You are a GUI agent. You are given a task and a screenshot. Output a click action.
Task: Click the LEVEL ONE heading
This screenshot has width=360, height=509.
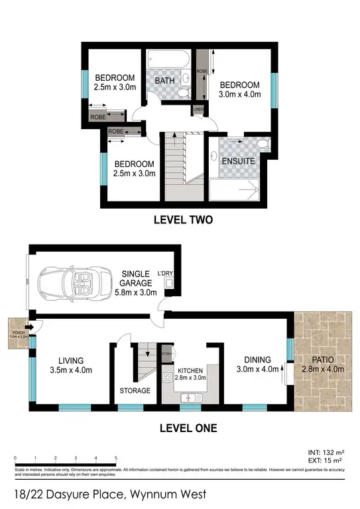click(x=188, y=428)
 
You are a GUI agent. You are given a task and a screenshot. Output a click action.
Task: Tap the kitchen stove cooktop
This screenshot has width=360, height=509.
click(x=168, y=378)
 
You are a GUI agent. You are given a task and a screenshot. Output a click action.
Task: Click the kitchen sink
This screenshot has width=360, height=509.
click(x=191, y=398)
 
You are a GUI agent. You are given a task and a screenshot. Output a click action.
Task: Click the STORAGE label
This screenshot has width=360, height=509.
click(x=135, y=390)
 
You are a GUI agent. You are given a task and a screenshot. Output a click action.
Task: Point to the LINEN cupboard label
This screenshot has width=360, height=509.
click(x=198, y=109)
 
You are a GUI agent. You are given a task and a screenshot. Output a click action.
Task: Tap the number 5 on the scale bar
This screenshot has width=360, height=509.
click(x=116, y=458)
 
